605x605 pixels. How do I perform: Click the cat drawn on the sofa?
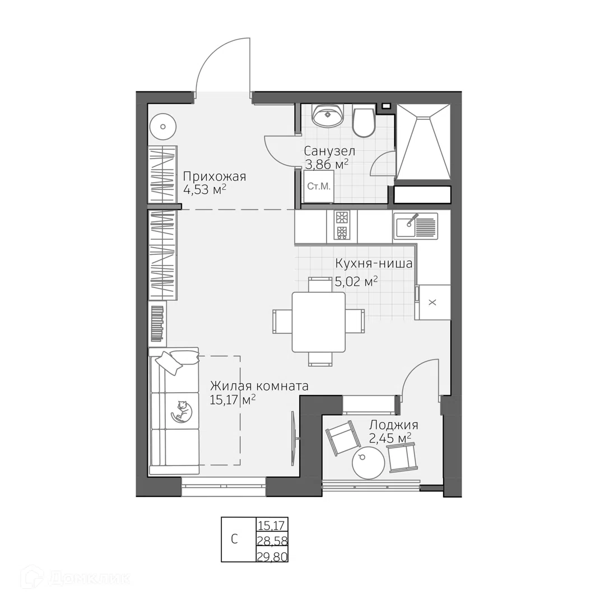tap(182, 412)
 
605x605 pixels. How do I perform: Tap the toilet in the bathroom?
tap(364, 122)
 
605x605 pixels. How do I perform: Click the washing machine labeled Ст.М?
tap(319, 187)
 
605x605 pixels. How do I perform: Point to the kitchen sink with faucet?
tap(416, 226)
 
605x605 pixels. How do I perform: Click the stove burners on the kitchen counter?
tap(342, 226)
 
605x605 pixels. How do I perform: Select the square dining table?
tap(318, 322)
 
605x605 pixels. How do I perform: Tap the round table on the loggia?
tap(368, 463)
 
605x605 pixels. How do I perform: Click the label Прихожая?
tap(214, 176)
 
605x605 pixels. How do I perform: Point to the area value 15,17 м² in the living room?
tap(232, 399)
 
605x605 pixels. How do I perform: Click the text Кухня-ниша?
tap(374, 263)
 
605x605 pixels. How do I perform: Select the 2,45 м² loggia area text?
tap(390, 438)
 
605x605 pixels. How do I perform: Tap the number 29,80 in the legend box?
tap(272, 557)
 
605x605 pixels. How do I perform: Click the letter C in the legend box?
tap(234, 539)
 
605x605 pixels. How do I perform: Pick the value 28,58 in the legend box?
tap(272, 541)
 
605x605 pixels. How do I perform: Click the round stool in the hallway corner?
tap(163, 127)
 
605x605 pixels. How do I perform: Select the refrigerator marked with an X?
tap(432, 302)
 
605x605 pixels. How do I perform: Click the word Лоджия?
tap(394, 425)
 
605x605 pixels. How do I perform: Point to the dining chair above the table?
tap(320, 285)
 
